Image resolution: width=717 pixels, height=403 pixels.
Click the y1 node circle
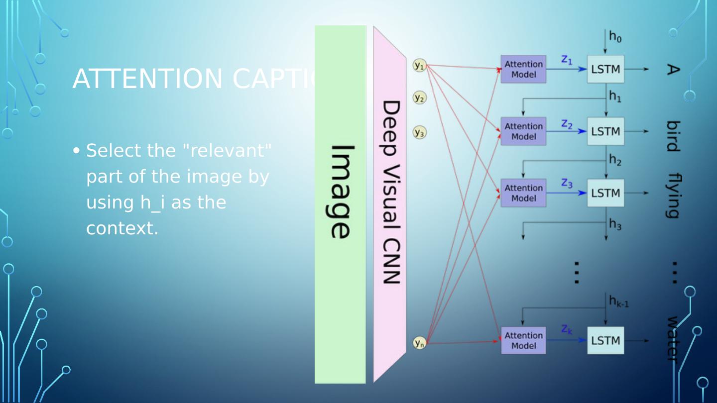tap(419, 65)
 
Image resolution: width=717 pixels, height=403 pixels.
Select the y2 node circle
tap(419, 98)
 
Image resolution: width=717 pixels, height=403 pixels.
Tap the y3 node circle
tap(419, 132)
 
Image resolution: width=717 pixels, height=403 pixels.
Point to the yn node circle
tap(419, 343)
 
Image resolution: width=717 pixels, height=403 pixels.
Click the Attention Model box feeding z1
tap(523, 69)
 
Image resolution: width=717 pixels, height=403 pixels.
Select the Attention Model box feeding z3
tap(523, 193)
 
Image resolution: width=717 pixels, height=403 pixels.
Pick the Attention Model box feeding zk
tap(523, 341)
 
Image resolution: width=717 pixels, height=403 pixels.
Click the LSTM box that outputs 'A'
tap(605, 69)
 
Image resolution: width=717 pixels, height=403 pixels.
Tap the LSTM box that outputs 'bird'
tap(605, 131)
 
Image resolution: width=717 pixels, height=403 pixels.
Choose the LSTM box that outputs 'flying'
tap(605, 193)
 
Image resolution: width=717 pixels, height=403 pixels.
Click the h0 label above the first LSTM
tap(615, 37)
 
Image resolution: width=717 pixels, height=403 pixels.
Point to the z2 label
tap(567, 124)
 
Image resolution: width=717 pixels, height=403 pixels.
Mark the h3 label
tap(615, 225)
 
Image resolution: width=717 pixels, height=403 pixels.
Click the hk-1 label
tap(618, 301)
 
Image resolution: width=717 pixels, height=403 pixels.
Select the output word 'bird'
tap(673, 135)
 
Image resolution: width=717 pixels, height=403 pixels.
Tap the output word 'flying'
tap(673, 195)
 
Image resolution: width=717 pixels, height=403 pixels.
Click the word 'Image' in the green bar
tap(341, 192)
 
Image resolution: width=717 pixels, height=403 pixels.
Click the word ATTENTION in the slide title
tap(147, 79)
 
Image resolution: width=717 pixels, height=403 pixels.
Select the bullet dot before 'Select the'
tap(76, 150)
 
